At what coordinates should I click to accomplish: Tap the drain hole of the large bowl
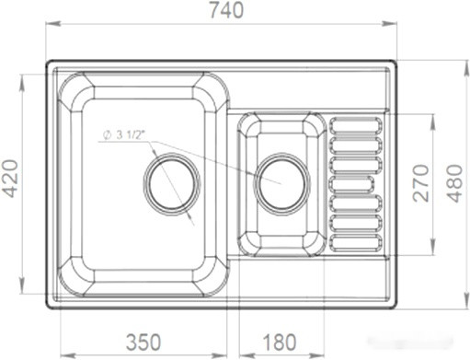point(171,180)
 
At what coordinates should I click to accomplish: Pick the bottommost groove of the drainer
point(355,243)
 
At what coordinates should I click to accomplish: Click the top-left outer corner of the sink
point(48,64)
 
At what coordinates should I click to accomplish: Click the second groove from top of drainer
point(355,143)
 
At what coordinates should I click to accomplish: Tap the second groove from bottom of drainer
point(355,223)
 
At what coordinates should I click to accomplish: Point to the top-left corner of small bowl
point(246,123)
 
